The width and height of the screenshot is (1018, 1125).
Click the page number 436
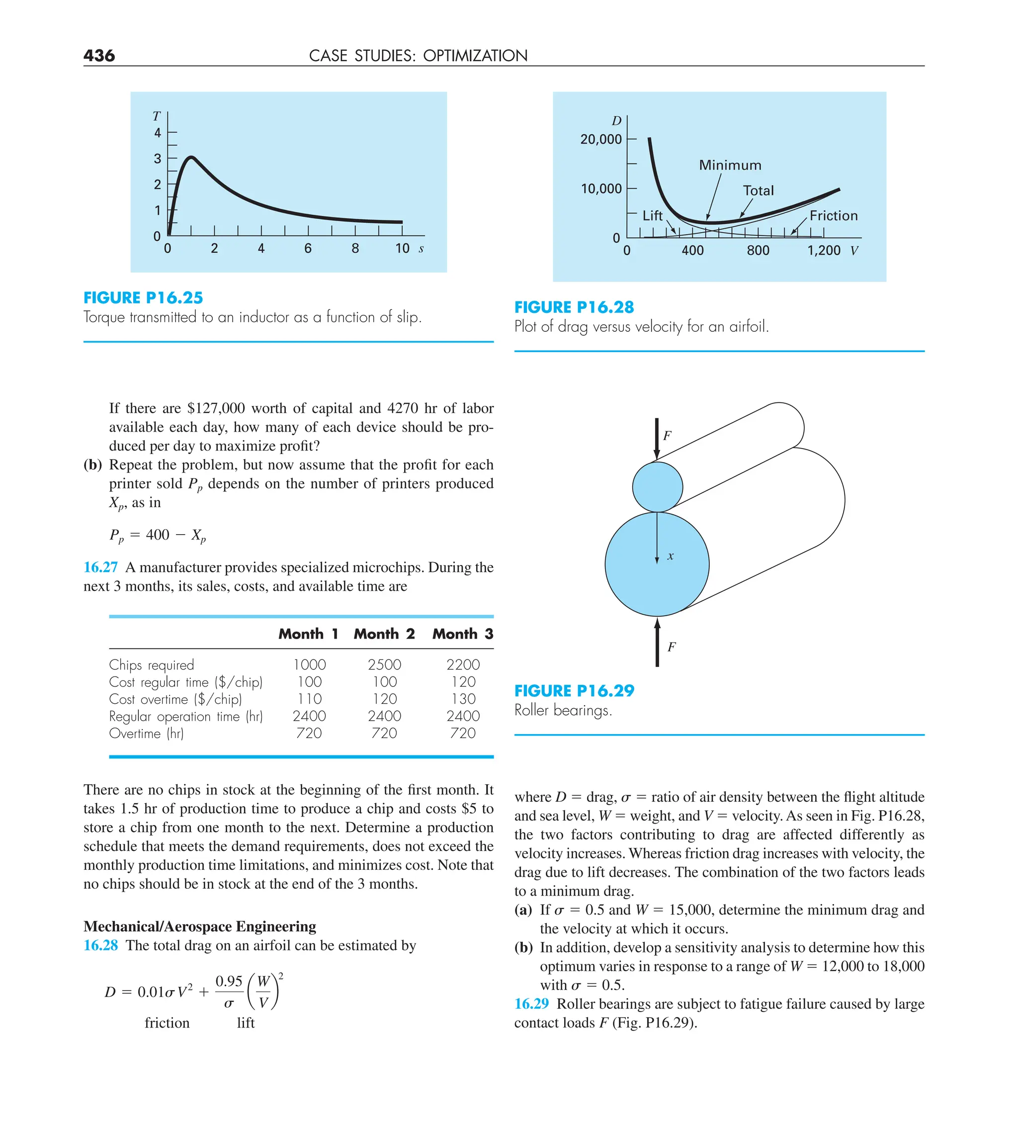(99, 55)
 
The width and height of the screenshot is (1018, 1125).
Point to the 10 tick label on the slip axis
(402, 249)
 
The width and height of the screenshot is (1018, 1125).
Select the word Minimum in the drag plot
(730, 165)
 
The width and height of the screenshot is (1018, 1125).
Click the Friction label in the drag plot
(834, 216)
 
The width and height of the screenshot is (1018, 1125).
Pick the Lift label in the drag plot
(652, 216)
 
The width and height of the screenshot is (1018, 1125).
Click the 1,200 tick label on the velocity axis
(823, 251)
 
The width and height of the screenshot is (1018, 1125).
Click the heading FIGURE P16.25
(143, 297)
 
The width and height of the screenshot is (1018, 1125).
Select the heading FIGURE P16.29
(574, 691)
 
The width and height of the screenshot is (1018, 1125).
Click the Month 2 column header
(384, 634)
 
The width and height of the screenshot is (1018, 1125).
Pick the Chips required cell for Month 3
(462, 664)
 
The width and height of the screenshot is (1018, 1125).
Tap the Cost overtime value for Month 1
(309, 699)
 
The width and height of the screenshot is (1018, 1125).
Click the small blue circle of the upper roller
(657, 486)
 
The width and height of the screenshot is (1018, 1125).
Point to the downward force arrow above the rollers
(657, 438)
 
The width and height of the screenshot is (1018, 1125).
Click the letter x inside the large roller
(670, 557)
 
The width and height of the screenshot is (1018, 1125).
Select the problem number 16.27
(100, 567)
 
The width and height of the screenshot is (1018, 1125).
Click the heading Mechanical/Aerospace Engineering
(200, 927)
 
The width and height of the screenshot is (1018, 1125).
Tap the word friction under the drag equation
(167, 1023)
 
